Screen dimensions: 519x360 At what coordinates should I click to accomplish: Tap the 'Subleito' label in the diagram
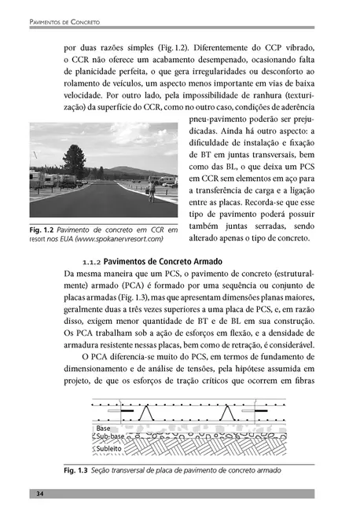[100, 448]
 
